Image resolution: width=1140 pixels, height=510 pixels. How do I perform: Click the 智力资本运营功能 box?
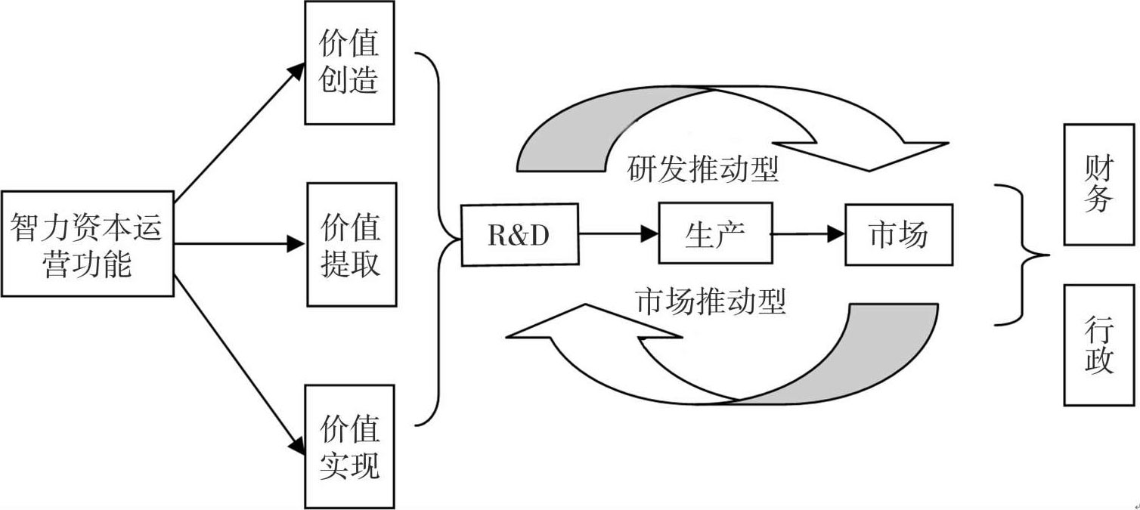pyautogui.click(x=87, y=243)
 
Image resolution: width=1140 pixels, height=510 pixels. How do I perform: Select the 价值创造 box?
pyautogui.click(x=349, y=63)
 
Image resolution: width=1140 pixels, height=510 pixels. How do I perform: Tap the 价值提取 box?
pyautogui.click(x=352, y=244)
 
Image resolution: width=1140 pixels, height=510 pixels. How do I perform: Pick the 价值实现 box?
pyautogui.click(x=349, y=447)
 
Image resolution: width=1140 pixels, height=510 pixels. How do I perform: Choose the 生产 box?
pyautogui.click(x=715, y=233)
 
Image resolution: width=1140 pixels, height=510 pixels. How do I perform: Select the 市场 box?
pyautogui.click(x=898, y=234)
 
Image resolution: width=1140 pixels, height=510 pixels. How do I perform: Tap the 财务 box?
pyautogui.click(x=1098, y=185)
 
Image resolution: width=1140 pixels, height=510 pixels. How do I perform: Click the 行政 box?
pyautogui.click(x=1098, y=345)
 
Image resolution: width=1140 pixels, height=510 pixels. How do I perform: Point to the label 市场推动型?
pyautogui.click(x=711, y=301)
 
